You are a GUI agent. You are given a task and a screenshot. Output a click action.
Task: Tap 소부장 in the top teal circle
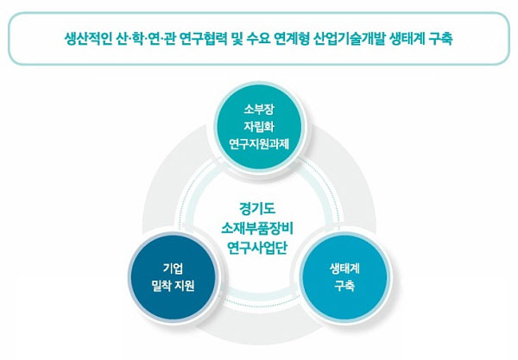click(x=259, y=110)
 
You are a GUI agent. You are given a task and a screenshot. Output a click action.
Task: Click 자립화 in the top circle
click(x=259, y=127)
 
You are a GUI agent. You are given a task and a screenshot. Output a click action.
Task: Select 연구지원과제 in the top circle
click(x=259, y=144)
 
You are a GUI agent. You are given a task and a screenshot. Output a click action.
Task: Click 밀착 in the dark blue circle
click(x=161, y=286)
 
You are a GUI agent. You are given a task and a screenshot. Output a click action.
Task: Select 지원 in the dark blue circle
click(x=185, y=286)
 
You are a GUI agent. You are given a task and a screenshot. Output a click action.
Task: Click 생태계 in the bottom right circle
click(x=344, y=268)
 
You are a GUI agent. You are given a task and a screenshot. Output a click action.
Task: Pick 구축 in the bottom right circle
click(x=344, y=286)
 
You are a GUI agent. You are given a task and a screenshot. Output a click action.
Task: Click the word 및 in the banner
click(x=237, y=39)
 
